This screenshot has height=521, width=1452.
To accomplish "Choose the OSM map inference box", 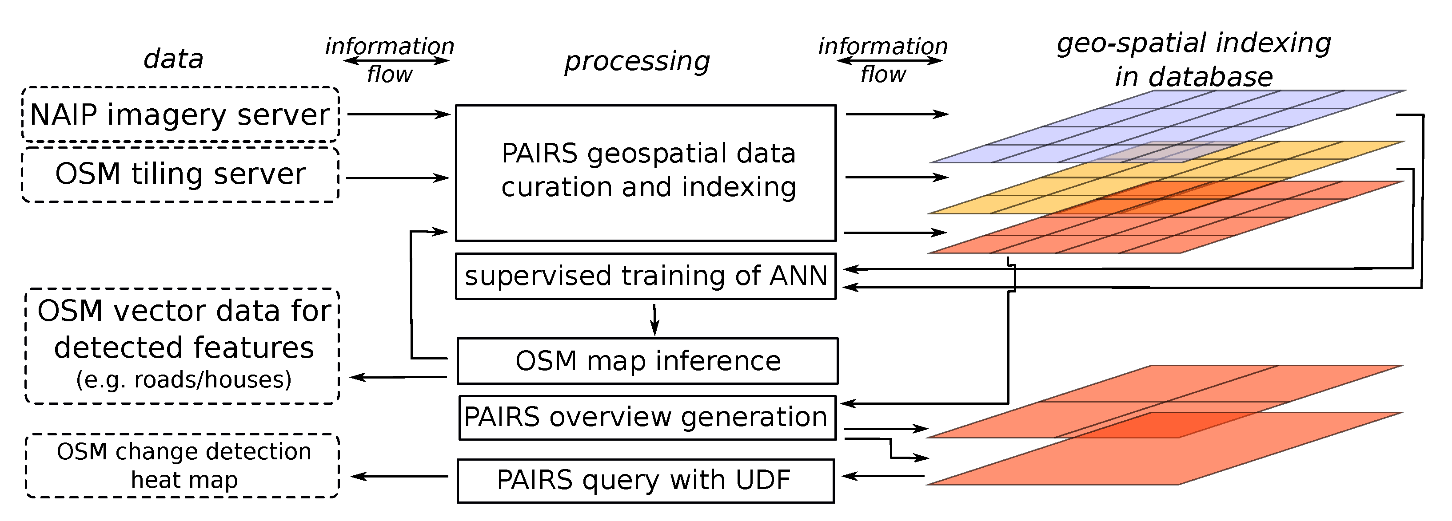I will pos(647,360).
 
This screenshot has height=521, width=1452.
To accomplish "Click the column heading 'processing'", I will pos(637,61).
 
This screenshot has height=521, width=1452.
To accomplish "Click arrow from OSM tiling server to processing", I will pos(397,178).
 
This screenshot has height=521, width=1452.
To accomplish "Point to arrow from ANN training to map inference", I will pos(654,320).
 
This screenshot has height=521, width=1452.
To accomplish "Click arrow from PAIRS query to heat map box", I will pos(399,477).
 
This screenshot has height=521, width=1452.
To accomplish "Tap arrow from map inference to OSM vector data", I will pos(398,377).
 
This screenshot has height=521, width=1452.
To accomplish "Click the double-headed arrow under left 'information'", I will pos(396,60).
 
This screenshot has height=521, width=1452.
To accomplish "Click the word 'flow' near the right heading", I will pos(883,75).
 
